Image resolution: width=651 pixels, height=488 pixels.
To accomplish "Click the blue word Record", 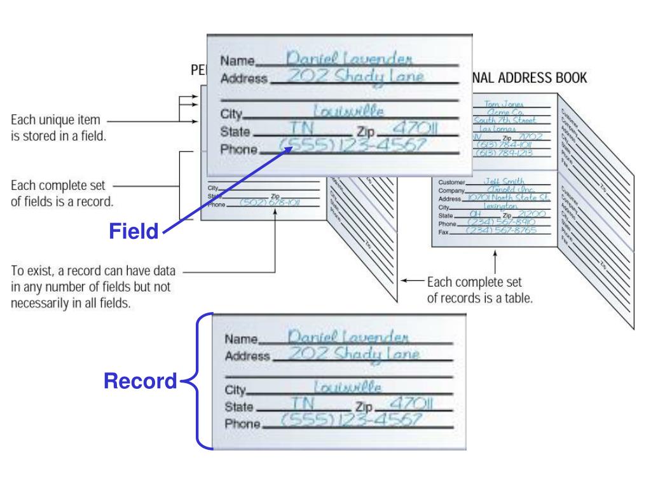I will pyautogui.click(x=140, y=381).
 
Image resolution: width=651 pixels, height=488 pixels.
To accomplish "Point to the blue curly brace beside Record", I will pyautogui.click(x=197, y=381).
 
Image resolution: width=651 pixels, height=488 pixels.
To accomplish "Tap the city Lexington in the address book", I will pyautogui.click(x=502, y=207).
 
